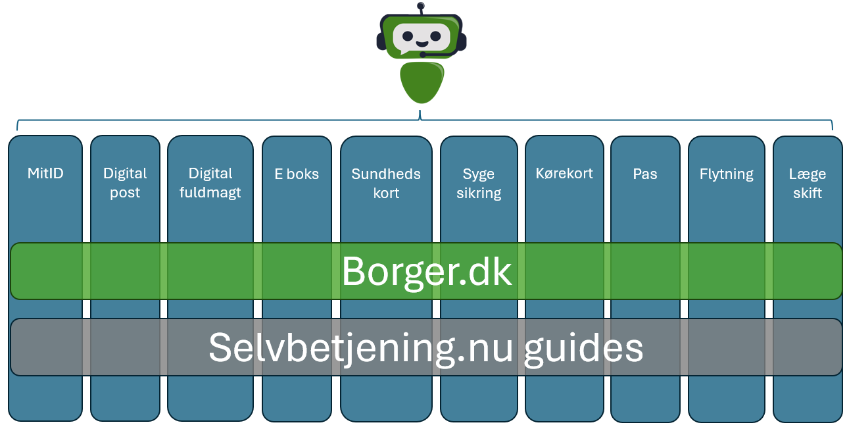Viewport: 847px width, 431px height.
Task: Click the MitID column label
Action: [x=45, y=174]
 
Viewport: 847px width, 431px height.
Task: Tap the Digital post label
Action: [x=125, y=183]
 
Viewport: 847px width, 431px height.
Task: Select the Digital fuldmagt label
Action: [x=210, y=183]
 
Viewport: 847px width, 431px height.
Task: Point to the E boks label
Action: [x=297, y=174]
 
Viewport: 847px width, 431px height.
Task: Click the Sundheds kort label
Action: [x=386, y=184]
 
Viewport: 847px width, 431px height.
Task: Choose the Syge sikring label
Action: [x=479, y=184]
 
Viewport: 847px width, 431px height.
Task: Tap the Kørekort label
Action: [x=564, y=174]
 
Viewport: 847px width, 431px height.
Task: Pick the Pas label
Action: [x=645, y=174]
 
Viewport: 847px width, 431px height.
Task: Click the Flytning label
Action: [x=727, y=174]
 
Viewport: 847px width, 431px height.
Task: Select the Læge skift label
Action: [x=808, y=184]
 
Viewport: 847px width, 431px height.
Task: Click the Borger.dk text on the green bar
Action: [x=426, y=271]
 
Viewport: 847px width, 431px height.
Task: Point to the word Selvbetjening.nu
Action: [x=360, y=347]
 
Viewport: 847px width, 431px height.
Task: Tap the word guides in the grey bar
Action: [x=583, y=347]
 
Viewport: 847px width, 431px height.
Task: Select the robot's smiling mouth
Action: [x=422, y=44]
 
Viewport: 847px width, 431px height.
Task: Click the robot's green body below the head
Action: [x=422, y=82]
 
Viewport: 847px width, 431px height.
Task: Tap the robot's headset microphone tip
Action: [x=422, y=55]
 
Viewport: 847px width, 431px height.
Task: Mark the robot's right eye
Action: [x=435, y=36]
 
